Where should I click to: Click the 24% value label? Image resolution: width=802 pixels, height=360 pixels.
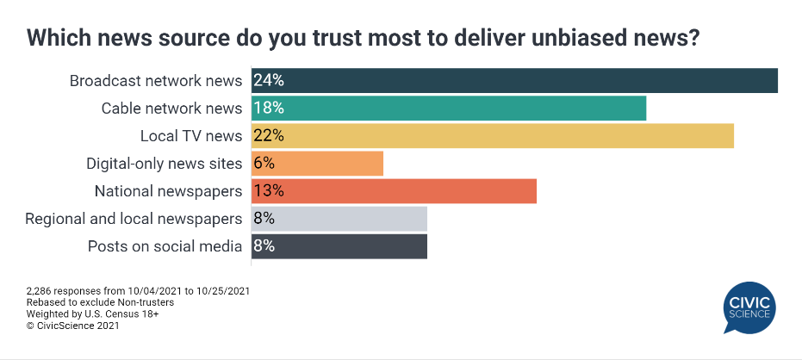269,81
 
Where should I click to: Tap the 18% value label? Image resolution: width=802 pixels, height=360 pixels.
269,109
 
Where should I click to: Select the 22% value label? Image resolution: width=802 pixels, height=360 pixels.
269,136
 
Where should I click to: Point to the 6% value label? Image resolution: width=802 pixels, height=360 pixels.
264,164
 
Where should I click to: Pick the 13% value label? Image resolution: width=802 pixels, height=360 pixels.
269,191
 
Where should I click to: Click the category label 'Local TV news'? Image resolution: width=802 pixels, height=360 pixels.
191,136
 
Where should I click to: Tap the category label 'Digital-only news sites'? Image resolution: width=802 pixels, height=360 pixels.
164,164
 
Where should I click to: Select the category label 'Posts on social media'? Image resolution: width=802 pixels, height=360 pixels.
165,246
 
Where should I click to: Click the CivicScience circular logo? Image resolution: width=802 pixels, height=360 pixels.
749,307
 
